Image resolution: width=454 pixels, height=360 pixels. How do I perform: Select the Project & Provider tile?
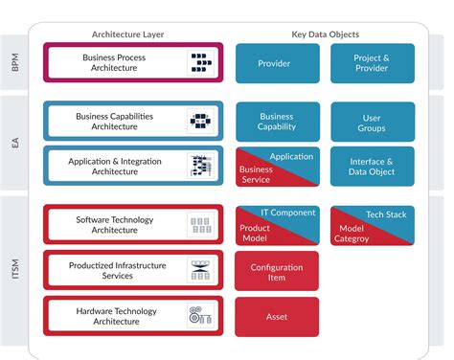tap(373, 63)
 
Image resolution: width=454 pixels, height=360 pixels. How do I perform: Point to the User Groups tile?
tap(373, 122)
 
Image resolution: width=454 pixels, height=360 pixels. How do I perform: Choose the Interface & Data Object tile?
tap(373, 167)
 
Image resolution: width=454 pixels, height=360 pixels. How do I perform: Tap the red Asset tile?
tap(277, 316)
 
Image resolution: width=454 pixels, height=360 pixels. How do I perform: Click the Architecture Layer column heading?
tap(127, 34)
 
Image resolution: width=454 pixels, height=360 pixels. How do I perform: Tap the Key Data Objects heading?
tap(325, 34)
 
